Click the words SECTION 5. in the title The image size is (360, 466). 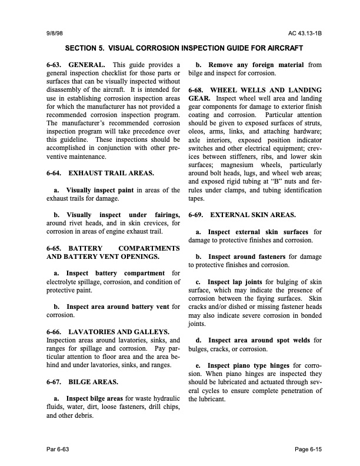pos(84,47)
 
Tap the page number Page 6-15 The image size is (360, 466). pos(299,450)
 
